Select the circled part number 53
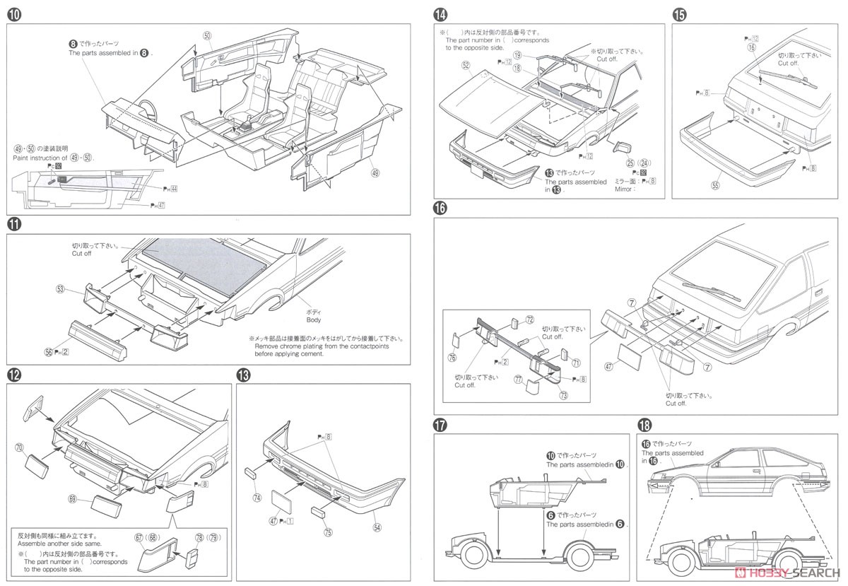[x=61, y=289]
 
